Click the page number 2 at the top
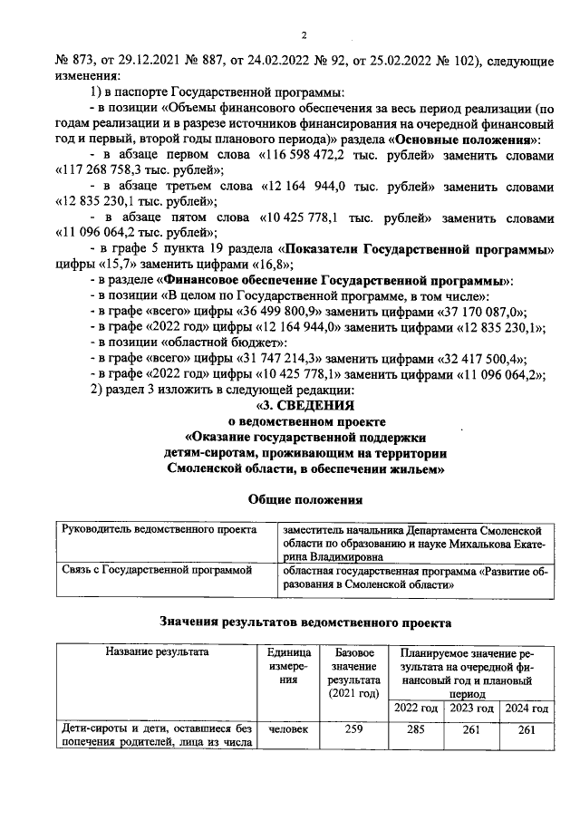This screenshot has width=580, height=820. pyautogui.click(x=304, y=35)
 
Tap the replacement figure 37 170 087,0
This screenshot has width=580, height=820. pyautogui.click(x=439, y=311)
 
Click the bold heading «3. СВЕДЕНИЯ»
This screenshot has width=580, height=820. pyautogui.click(x=305, y=406)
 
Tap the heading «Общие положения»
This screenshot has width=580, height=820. pyautogui.click(x=305, y=499)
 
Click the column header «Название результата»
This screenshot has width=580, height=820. pyautogui.click(x=157, y=651)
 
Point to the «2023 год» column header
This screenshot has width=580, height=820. pyautogui.click(x=471, y=708)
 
